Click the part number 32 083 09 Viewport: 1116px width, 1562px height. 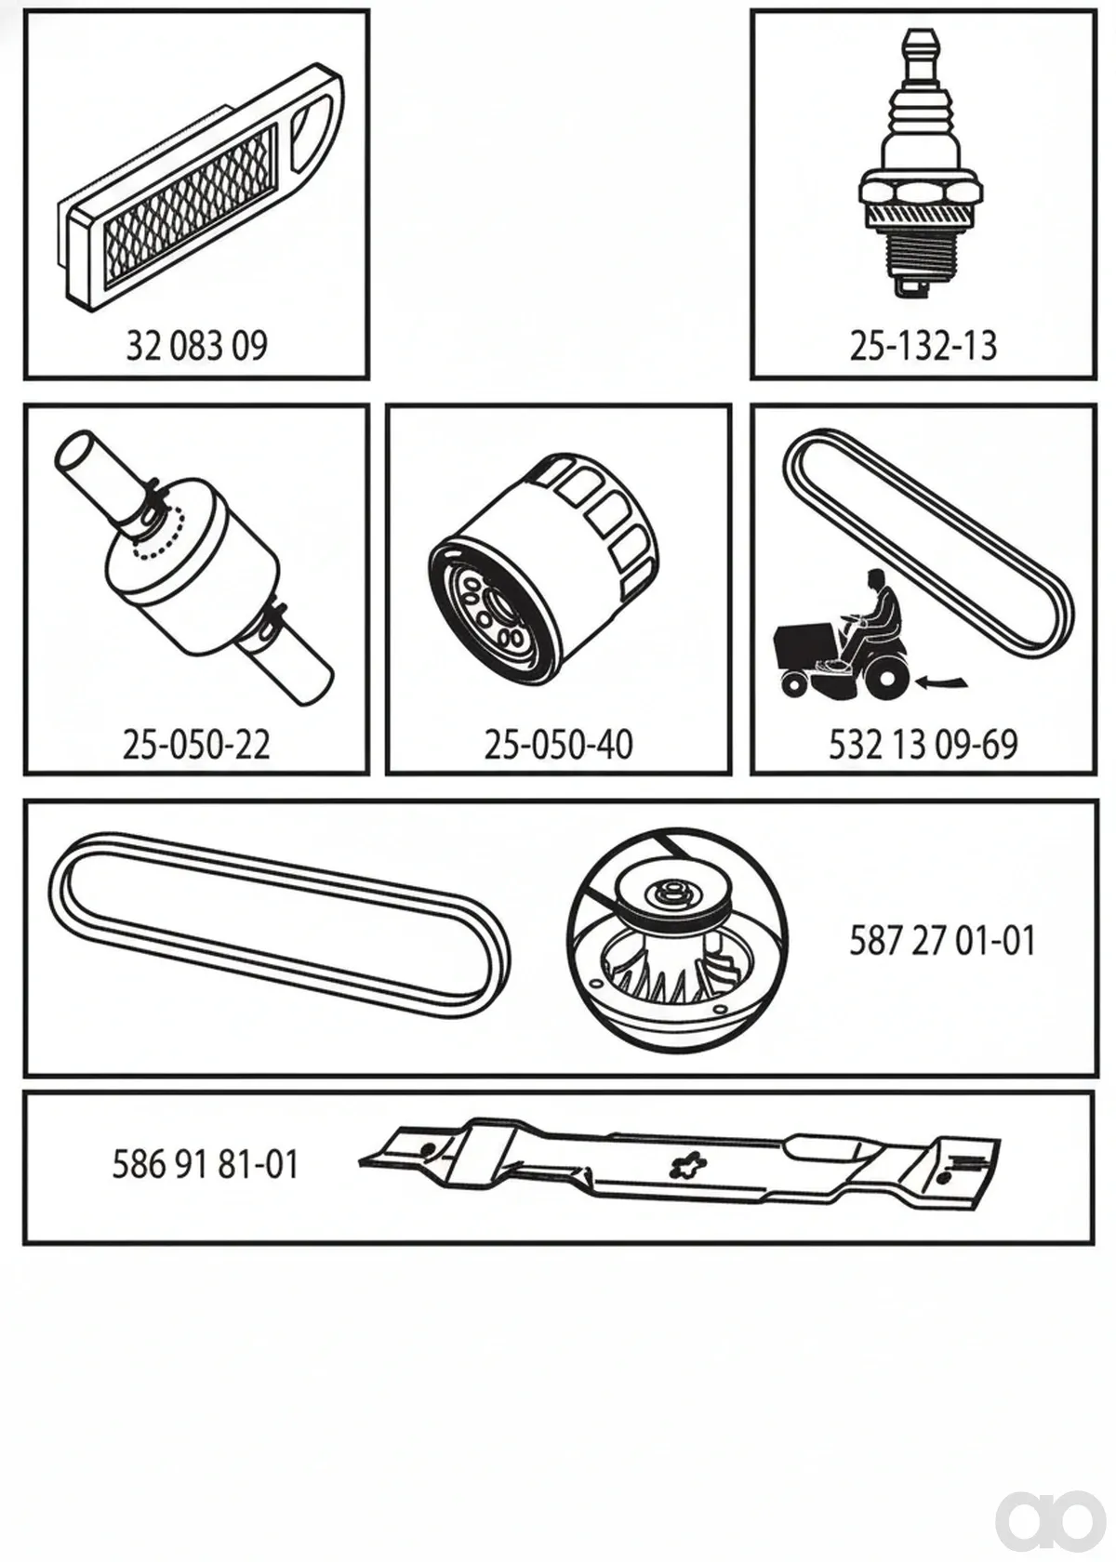(197, 346)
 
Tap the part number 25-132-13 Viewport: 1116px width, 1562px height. (923, 346)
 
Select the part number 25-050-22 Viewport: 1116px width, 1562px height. (196, 744)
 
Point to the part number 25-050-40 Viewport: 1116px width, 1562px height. (559, 744)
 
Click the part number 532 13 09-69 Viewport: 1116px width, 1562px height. (923, 744)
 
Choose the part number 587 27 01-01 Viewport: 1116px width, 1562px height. (942, 940)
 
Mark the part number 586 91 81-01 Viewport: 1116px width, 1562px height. (205, 1164)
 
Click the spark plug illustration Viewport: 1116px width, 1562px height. (922, 165)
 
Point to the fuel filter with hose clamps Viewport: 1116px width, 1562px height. (193, 566)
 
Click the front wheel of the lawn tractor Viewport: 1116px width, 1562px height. (794, 684)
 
